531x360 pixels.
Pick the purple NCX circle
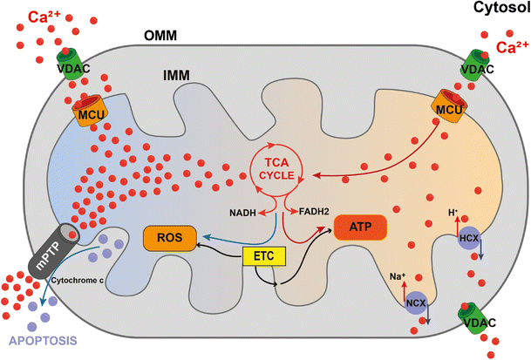click(x=415, y=304)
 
